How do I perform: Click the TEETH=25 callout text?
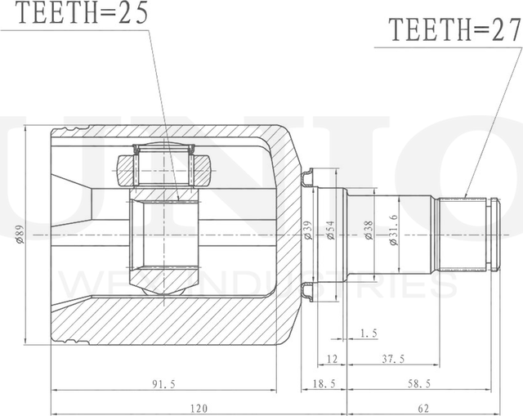pyautogui.click(x=74, y=15)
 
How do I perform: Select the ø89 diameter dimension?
pyautogui.click(x=17, y=235)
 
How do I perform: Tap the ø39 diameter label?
pyautogui.click(x=308, y=231)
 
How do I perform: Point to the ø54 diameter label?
pyautogui.click(x=331, y=231)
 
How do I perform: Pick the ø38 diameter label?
pyautogui.click(x=369, y=231)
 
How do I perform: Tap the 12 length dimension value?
pyautogui.click(x=332, y=358)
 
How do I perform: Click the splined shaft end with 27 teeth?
pyautogui.click(x=467, y=235)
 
